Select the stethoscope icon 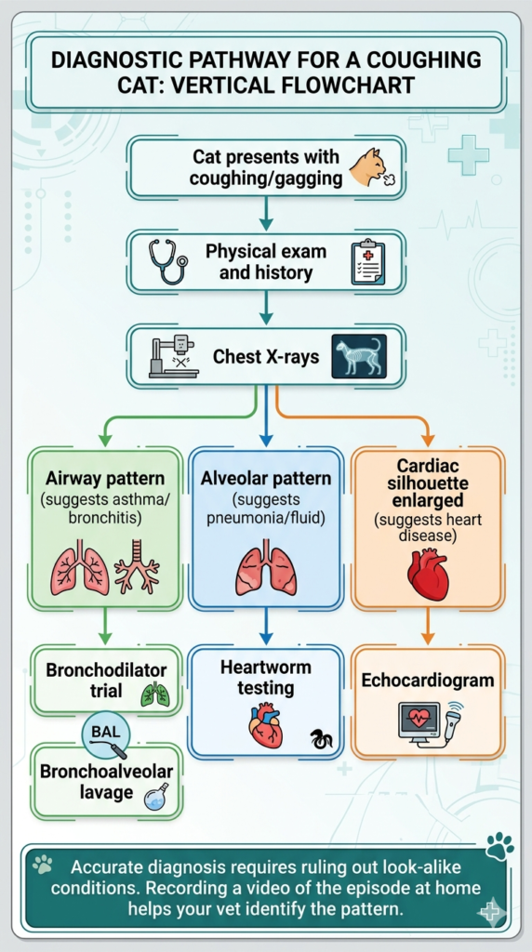click(x=167, y=260)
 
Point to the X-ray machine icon click(x=174, y=356)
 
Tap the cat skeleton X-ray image click(x=359, y=356)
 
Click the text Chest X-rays click(x=265, y=356)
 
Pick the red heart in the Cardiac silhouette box click(x=428, y=574)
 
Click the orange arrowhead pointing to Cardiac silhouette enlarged click(x=428, y=440)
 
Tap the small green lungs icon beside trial click(x=155, y=695)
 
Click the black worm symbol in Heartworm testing click(x=321, y=739)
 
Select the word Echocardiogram click(x=428, y=680)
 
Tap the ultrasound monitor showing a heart click(x=419, y=720)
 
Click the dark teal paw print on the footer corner click(x=500, y=846)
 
